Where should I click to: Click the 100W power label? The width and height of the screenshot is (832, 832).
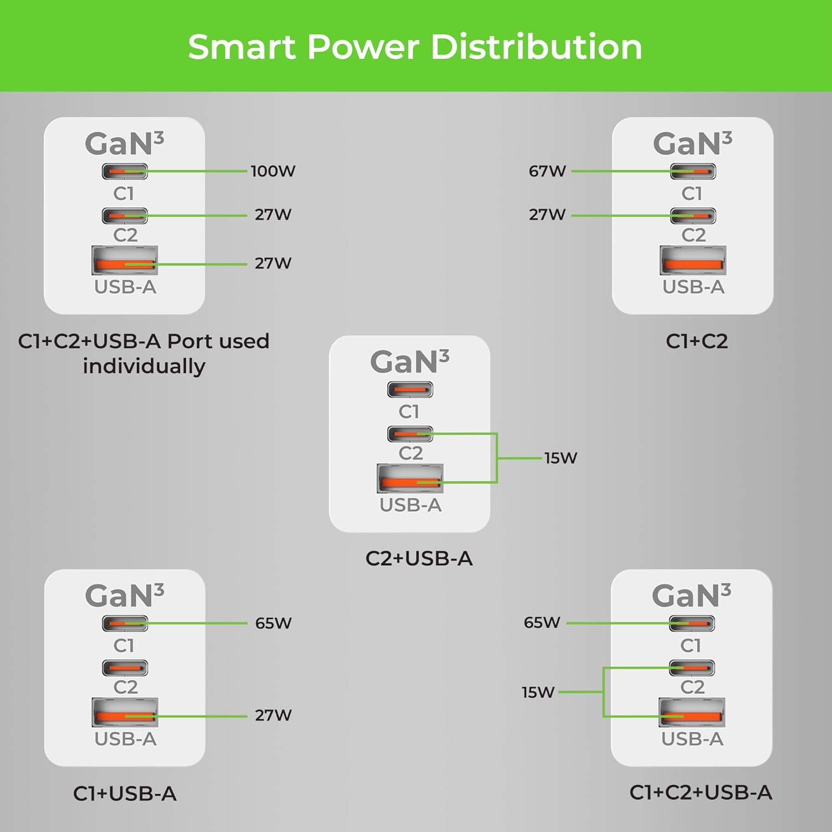273,171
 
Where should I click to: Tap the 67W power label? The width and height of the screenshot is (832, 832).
547,171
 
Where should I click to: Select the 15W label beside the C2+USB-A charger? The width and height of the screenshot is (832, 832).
561,458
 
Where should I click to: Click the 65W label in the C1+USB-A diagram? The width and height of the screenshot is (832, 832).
273,623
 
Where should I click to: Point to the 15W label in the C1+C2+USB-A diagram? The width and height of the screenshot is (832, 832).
538,692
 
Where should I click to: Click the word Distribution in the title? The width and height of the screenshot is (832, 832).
536,47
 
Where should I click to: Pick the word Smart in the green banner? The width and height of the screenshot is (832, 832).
241,47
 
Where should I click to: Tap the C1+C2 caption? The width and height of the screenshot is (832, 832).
697,341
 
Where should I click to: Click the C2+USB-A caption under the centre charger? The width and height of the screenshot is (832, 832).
419,559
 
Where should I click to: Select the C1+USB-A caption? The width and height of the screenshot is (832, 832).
125,794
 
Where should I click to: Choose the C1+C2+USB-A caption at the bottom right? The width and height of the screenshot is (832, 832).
701,793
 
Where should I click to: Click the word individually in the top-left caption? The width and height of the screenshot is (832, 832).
144,367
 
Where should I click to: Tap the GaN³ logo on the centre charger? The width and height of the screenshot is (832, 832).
409,362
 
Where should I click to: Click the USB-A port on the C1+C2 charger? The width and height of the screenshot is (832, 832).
693,260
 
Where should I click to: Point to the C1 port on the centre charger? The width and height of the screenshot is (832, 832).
410,390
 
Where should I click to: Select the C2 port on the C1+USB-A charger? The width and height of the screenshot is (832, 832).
125,668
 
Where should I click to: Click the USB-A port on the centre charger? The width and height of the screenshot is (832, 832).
410,479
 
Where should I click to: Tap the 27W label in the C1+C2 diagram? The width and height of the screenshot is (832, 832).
547,215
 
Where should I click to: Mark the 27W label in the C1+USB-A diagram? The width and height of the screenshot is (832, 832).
273,716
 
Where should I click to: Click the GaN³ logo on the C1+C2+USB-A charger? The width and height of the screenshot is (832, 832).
691,596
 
